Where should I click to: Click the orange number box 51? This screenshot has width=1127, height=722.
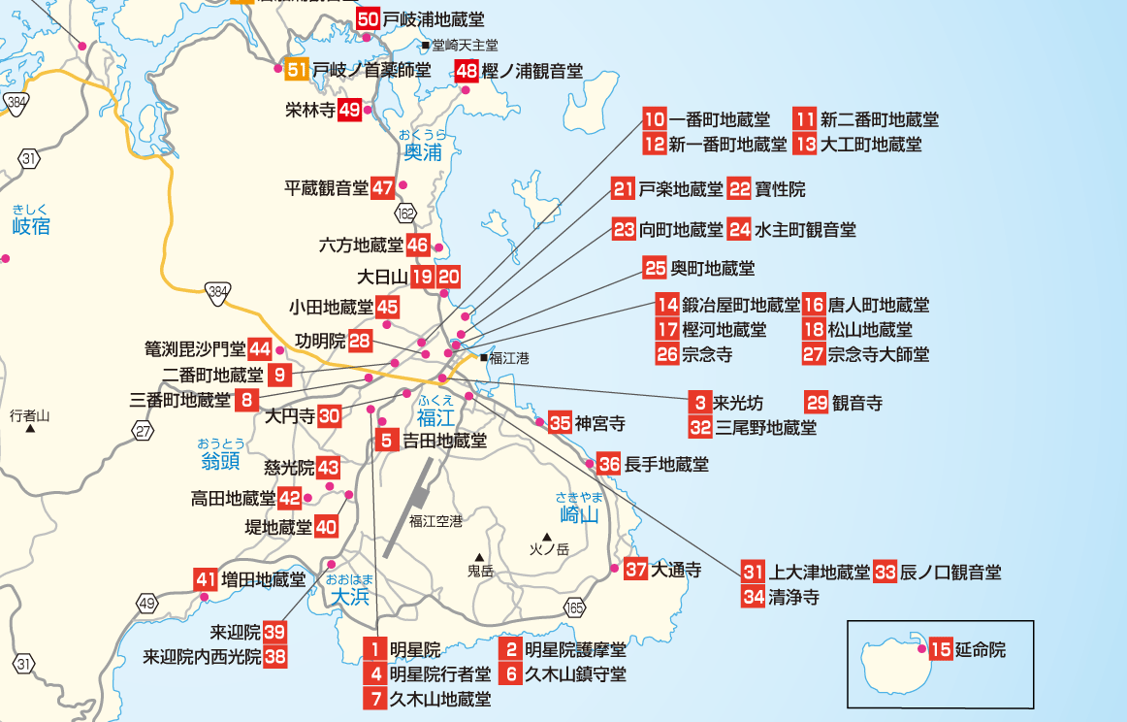(298, 69)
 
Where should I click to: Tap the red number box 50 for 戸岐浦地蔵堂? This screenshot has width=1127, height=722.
(368, 18)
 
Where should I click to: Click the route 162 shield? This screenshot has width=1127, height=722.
(405, 213)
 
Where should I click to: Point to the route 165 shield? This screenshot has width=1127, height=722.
(575, 607)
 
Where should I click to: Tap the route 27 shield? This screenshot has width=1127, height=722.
(144, 431)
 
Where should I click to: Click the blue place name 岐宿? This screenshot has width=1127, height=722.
(31, 227)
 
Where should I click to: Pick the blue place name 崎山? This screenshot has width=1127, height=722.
(580, 514)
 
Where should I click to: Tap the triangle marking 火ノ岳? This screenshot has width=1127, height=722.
(547, 537)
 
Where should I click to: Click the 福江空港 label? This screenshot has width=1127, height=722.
(435, 521)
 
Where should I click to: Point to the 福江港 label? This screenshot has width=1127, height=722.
(509, 358)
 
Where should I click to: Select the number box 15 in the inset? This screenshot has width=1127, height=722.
(940, 650)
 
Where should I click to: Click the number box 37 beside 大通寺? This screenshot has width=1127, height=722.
(636, 570)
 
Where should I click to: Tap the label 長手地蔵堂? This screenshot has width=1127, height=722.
(666, 465)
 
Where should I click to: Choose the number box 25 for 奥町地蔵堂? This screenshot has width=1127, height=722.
(656, 267)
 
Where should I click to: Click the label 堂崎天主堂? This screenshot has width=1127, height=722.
(465, 45)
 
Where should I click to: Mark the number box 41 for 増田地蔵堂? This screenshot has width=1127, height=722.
(206, 579)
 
